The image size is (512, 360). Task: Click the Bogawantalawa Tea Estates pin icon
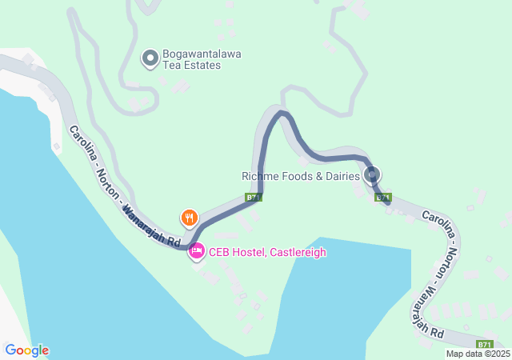(150, 58)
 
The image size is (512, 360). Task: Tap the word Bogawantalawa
(202, 54)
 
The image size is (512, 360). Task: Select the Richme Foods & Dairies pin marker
(371, 174)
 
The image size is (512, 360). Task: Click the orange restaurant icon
(189, 216)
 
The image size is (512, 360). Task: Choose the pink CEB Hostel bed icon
(197, 252)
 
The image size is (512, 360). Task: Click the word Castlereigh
(298, 252)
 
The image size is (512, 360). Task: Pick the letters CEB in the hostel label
(220, 252)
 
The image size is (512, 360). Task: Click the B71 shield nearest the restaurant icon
(253, 197)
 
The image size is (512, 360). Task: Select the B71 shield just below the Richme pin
(383, 197)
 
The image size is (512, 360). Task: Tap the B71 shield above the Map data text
(486, 343)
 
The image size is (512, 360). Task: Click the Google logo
(26, 350)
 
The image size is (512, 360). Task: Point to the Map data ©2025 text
(477, 354)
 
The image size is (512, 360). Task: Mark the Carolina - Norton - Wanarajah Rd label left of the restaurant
(123, 186)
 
